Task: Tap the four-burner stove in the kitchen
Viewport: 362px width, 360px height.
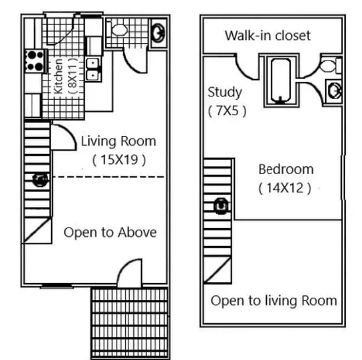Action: point(35,60)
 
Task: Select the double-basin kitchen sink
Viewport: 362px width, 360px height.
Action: point(93,69)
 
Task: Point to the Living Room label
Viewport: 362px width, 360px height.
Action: point(118,141)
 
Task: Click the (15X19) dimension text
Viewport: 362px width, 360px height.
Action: point(119,160)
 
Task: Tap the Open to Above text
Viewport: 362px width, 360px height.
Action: point(110,232)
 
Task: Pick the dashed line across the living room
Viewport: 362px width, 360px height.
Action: point(106,177)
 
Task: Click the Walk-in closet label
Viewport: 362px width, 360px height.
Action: point(267,36)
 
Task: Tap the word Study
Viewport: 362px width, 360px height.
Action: point(224,92)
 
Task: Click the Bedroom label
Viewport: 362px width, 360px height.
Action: point(286,169)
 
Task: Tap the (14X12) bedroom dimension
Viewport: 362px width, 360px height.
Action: point(285,188)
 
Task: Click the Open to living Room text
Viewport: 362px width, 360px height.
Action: point(273,301)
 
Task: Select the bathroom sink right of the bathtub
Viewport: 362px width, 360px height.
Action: point(334,90)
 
